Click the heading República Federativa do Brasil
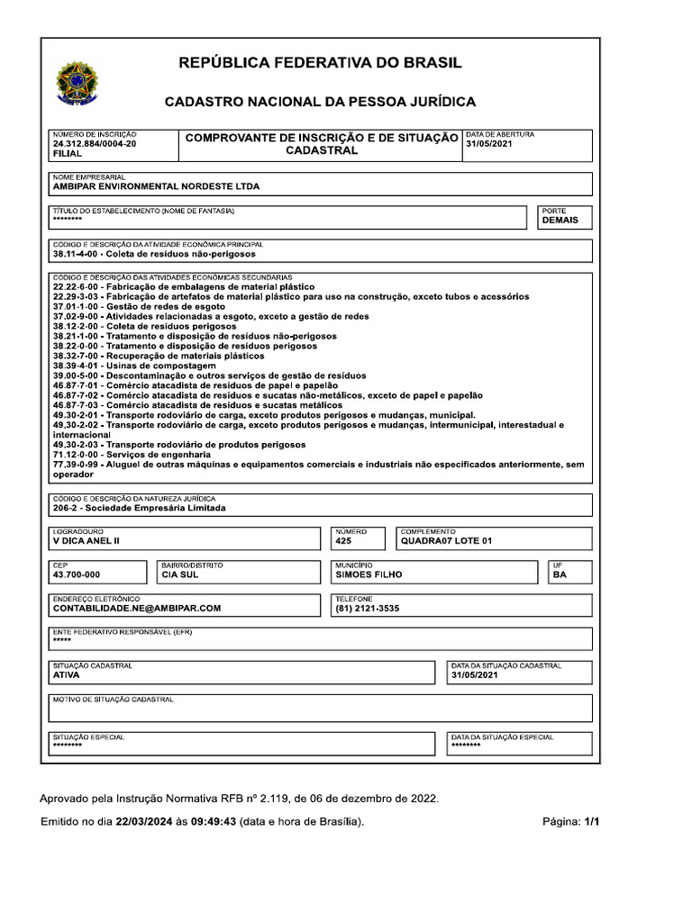pyautogui.click(x=320, y=63)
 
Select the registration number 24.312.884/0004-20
pyautogui.click(x=95, y=144)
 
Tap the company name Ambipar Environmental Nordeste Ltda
pyautogui.click(x=156, y=186)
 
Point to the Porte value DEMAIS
pyautogui.click(x=560, y=220)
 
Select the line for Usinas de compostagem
pyautogui.click(x=134, y=366)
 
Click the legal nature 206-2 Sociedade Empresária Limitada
pyautogui.click(x=140, y=508)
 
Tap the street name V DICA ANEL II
pyautogui.click(x=86, y=541)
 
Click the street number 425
pyautogui.click(x=343, y=541)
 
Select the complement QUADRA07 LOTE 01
pyautogui.click(x=447, y=541)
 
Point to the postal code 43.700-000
pyautogui.click(x=77, y=574)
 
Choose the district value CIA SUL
pyautogui.click(x=179, y=574)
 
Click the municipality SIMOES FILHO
pyautogui.click(x=369, y=574)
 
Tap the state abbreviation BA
pyautogui.click(x=560, y=574)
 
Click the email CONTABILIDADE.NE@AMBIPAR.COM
pyautogui.click(x=137, y=608)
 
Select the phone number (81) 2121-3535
pyautogui.click(x=367, y=608)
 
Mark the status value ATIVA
pyautogui.click(x=67, y=674)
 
